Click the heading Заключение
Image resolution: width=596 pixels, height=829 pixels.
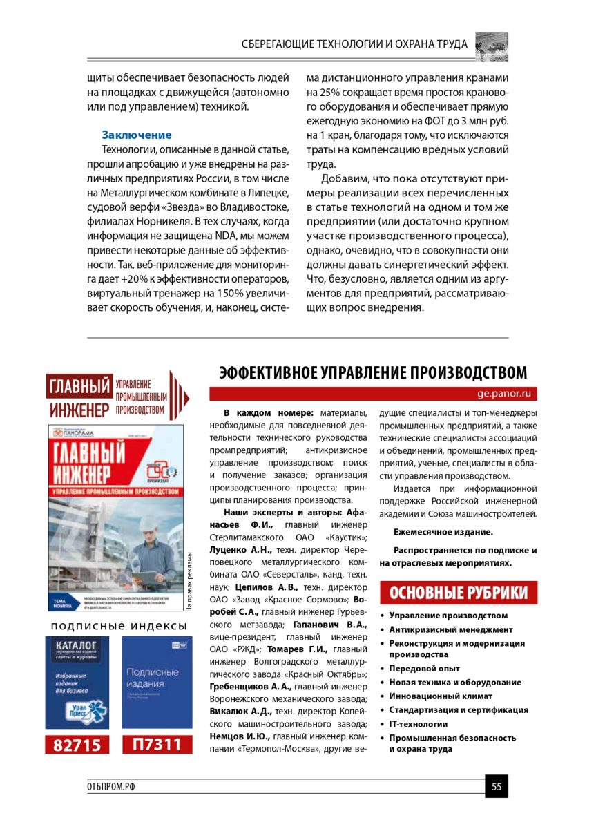137,135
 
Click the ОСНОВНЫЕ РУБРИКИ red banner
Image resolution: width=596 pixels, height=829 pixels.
459,593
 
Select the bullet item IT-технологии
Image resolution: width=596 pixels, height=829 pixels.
419,724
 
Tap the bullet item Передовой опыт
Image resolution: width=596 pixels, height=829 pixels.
424,668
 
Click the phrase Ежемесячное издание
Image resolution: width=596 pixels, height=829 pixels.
443,533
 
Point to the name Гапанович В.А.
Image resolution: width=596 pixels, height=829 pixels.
338,625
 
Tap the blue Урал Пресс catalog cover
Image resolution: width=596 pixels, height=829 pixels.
77,681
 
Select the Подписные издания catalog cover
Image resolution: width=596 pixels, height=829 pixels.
157,681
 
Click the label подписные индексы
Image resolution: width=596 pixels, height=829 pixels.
119,626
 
